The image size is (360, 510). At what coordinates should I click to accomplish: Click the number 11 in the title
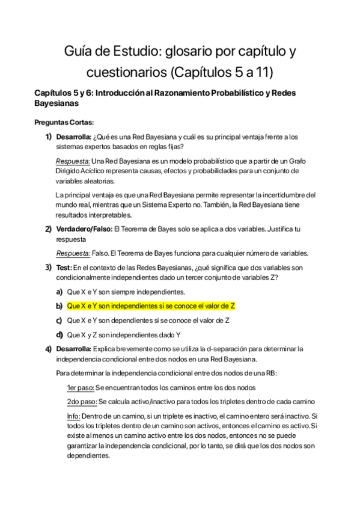[x=264, y=73]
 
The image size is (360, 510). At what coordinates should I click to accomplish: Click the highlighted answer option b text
[x=151, y=306]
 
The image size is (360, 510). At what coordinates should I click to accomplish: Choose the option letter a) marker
[x=59, y=291]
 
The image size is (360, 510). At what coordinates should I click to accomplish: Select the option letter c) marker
[x=59, y=320]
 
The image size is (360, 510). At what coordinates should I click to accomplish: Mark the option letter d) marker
[x=59, y=334]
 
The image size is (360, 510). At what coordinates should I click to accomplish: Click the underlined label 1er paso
[x=81, y=387]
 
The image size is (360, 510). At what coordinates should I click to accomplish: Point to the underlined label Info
[x=73, y=416]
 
